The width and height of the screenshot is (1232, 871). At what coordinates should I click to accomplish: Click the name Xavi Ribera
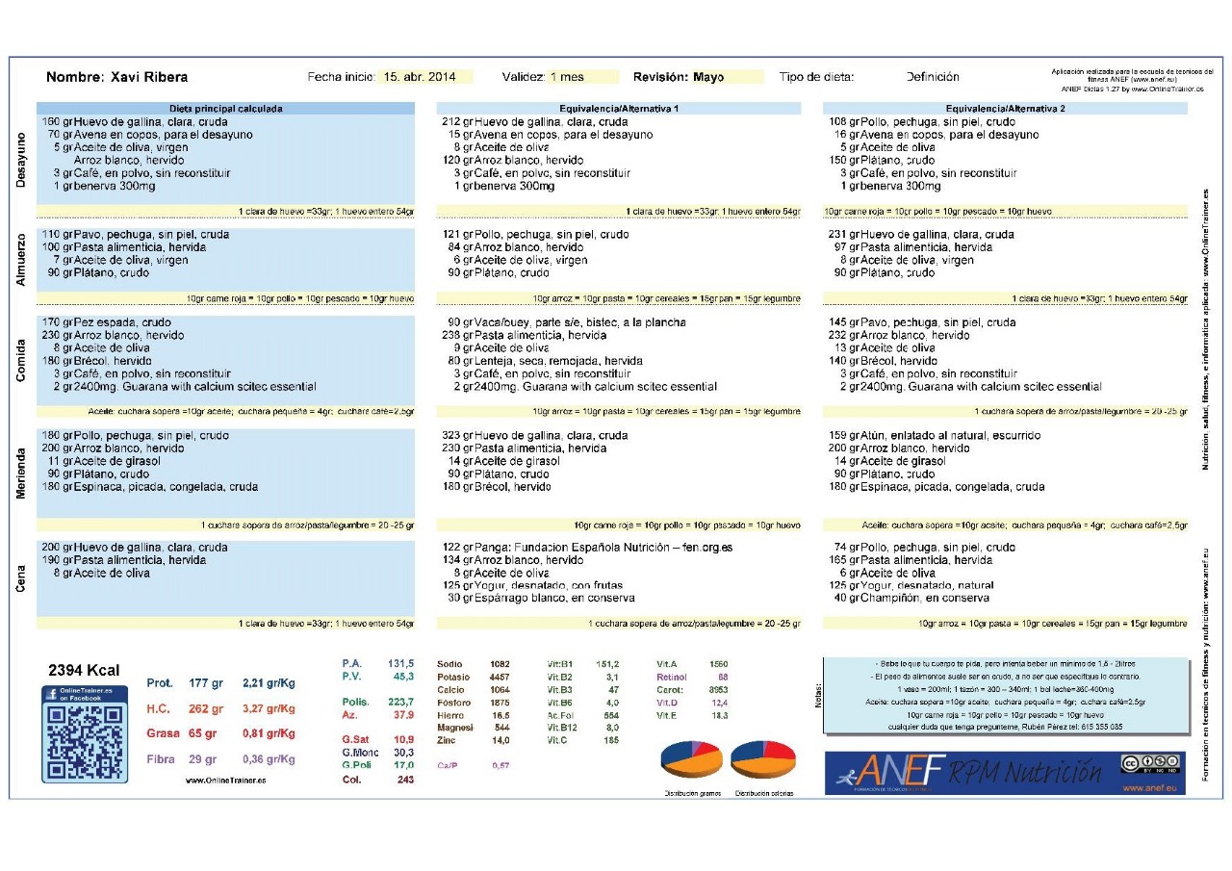coord(149,77)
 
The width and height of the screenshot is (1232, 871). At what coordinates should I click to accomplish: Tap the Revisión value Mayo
coord(708,77)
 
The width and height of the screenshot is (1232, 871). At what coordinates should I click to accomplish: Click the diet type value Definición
coord(932,77)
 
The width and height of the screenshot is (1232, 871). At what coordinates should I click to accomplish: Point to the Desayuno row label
coord(22,161)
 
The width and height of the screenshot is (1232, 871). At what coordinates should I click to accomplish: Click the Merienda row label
coord(22,473)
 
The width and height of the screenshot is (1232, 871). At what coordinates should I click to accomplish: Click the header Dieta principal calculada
coord(226,109)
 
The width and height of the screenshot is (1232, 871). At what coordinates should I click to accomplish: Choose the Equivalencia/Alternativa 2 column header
coord(1005,109)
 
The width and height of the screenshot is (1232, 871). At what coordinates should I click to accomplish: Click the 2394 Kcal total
coord(84,670)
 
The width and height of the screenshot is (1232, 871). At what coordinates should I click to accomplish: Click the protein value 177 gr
coord(206,683)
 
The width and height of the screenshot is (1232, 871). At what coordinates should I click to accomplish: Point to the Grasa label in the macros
coord(163,733)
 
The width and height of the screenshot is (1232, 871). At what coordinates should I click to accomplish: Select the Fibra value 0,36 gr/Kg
coord(269,758)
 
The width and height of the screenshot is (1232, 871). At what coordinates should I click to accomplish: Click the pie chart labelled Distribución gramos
coord(691,759)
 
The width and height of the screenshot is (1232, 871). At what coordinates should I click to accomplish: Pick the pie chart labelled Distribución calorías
coord(762,759)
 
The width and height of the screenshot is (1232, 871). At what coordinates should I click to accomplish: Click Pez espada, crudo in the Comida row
coord(122,322)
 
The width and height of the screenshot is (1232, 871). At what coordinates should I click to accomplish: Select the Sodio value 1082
coord(500,664)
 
